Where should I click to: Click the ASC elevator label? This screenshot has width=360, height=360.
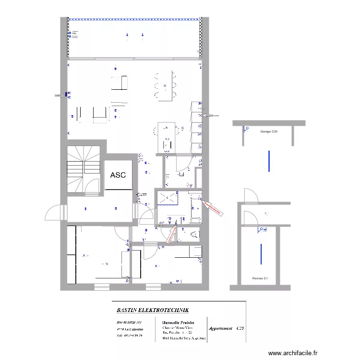coord(118,175)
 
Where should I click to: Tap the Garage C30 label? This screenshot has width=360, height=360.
coord(269,131)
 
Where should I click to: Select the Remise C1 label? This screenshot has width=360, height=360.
coord(260,278)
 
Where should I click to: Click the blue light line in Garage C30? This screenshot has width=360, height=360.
coord(269,161)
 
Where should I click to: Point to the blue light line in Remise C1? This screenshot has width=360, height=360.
coord(261,254)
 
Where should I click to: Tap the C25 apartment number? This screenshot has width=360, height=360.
coord(240,329)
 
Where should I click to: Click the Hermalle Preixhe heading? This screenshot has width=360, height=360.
coord(178,322)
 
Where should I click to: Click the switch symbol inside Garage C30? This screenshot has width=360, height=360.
coord(245,129)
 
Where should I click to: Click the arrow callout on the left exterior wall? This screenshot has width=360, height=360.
coord(60,96)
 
